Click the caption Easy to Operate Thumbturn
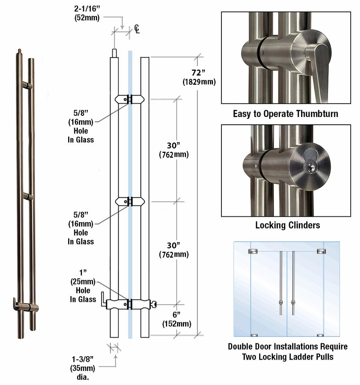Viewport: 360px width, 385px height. pos(285,114)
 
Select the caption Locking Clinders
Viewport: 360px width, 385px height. pos(287,225)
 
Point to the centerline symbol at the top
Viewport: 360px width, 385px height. pos(137,29)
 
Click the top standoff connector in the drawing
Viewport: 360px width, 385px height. pos(129,99)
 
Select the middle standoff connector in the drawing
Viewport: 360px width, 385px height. pos(129,201)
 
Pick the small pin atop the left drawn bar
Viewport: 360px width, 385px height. pos(114,53)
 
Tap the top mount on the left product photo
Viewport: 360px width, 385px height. pos(27,85)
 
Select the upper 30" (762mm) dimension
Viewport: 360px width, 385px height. pos(173,150)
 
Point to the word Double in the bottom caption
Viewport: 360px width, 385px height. pos(241,346)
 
